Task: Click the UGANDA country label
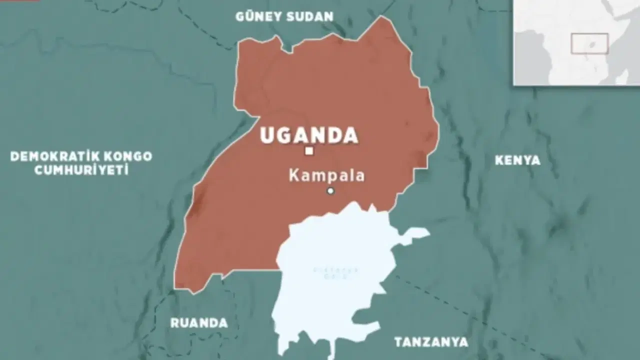point(309,135)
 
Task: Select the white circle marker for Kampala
point(330,190)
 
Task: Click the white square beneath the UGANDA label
point(309,151)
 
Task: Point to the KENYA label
point(517,160)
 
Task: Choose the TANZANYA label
point(431,342)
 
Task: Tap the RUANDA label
point(199,323)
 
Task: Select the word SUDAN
point(310,16)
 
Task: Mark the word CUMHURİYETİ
point(81,170)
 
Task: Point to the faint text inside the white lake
point(328,273)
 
